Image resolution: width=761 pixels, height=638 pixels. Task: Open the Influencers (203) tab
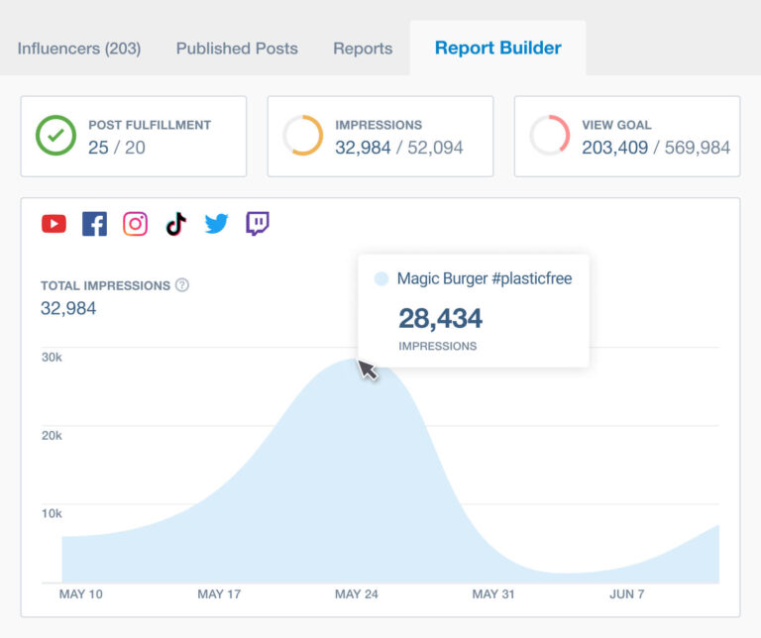tap(79, 48)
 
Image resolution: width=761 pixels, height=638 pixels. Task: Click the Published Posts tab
tap(237, 48)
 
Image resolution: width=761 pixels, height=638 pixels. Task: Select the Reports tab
tap(363, 48)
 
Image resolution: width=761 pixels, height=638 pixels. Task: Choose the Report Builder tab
tap(497, 48)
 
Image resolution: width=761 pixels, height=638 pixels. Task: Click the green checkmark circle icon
tap(55, 137)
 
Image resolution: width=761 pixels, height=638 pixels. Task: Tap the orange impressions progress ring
tap(302, 137)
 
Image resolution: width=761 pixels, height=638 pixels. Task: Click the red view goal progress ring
tap(549, 137)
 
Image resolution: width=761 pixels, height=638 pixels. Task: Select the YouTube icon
tap(54, 224)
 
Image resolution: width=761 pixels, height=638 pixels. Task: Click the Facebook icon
tap(94, 224)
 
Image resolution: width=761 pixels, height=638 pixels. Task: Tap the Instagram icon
tap(135, 224)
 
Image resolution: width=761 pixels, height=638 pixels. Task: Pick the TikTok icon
tap(175, 224)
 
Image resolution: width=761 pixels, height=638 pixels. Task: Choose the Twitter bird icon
tap(216, 224)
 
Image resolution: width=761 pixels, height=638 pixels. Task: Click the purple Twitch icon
tap(258, 224)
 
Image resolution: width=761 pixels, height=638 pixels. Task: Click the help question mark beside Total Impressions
tap(182, 285)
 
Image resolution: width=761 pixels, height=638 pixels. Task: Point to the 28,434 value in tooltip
tap(440, 318)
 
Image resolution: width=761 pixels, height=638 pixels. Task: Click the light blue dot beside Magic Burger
tap(381, 279)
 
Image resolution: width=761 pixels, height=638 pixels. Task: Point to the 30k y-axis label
tap(52, 357)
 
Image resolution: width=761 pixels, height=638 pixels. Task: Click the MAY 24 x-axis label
tap(356, 594)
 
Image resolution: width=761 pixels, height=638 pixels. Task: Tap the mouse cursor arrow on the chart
tap(367, 369)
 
